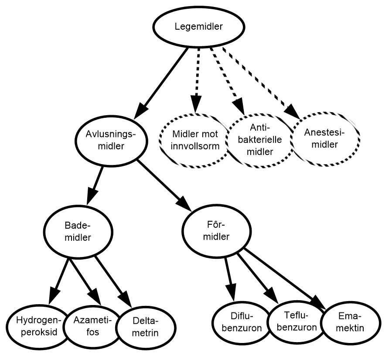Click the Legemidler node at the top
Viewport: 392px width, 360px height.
pos(198,27)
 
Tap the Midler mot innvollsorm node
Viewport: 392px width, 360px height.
pos(195,141)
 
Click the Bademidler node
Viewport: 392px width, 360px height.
pos(78,232)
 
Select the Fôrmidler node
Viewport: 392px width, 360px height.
pos(216,231)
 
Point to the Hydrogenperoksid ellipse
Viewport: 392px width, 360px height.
pos(37,326)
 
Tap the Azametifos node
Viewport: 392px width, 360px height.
pos(92,326)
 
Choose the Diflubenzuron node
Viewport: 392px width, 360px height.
pos(242,322)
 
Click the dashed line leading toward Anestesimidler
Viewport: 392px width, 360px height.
pos(254,76)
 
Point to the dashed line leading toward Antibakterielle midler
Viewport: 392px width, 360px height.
pos(225,74)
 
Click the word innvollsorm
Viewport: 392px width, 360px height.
pos(195,146)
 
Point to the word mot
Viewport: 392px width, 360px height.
pos(209,134)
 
